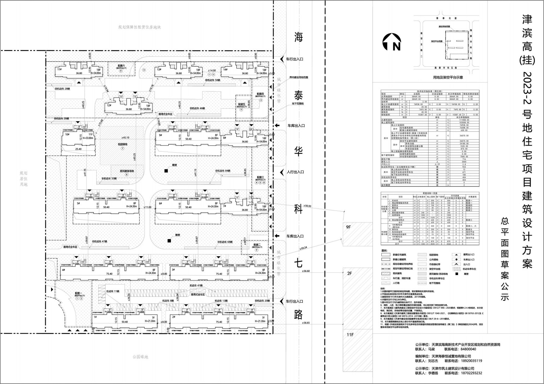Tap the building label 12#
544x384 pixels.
click(x=109, y=105)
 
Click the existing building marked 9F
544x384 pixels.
click(x=348, y=227)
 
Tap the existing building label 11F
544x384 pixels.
click(x=350, y=334)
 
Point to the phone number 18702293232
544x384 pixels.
click(x=469, y=373)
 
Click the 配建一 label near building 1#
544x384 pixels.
click(x=79, y=293)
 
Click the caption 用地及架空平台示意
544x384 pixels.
click(x=448, y=77)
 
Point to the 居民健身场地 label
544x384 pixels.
click(x=129, y=171)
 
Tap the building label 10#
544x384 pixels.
click(x=67, y=134)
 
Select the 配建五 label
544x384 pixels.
click(x=241, y=104)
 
